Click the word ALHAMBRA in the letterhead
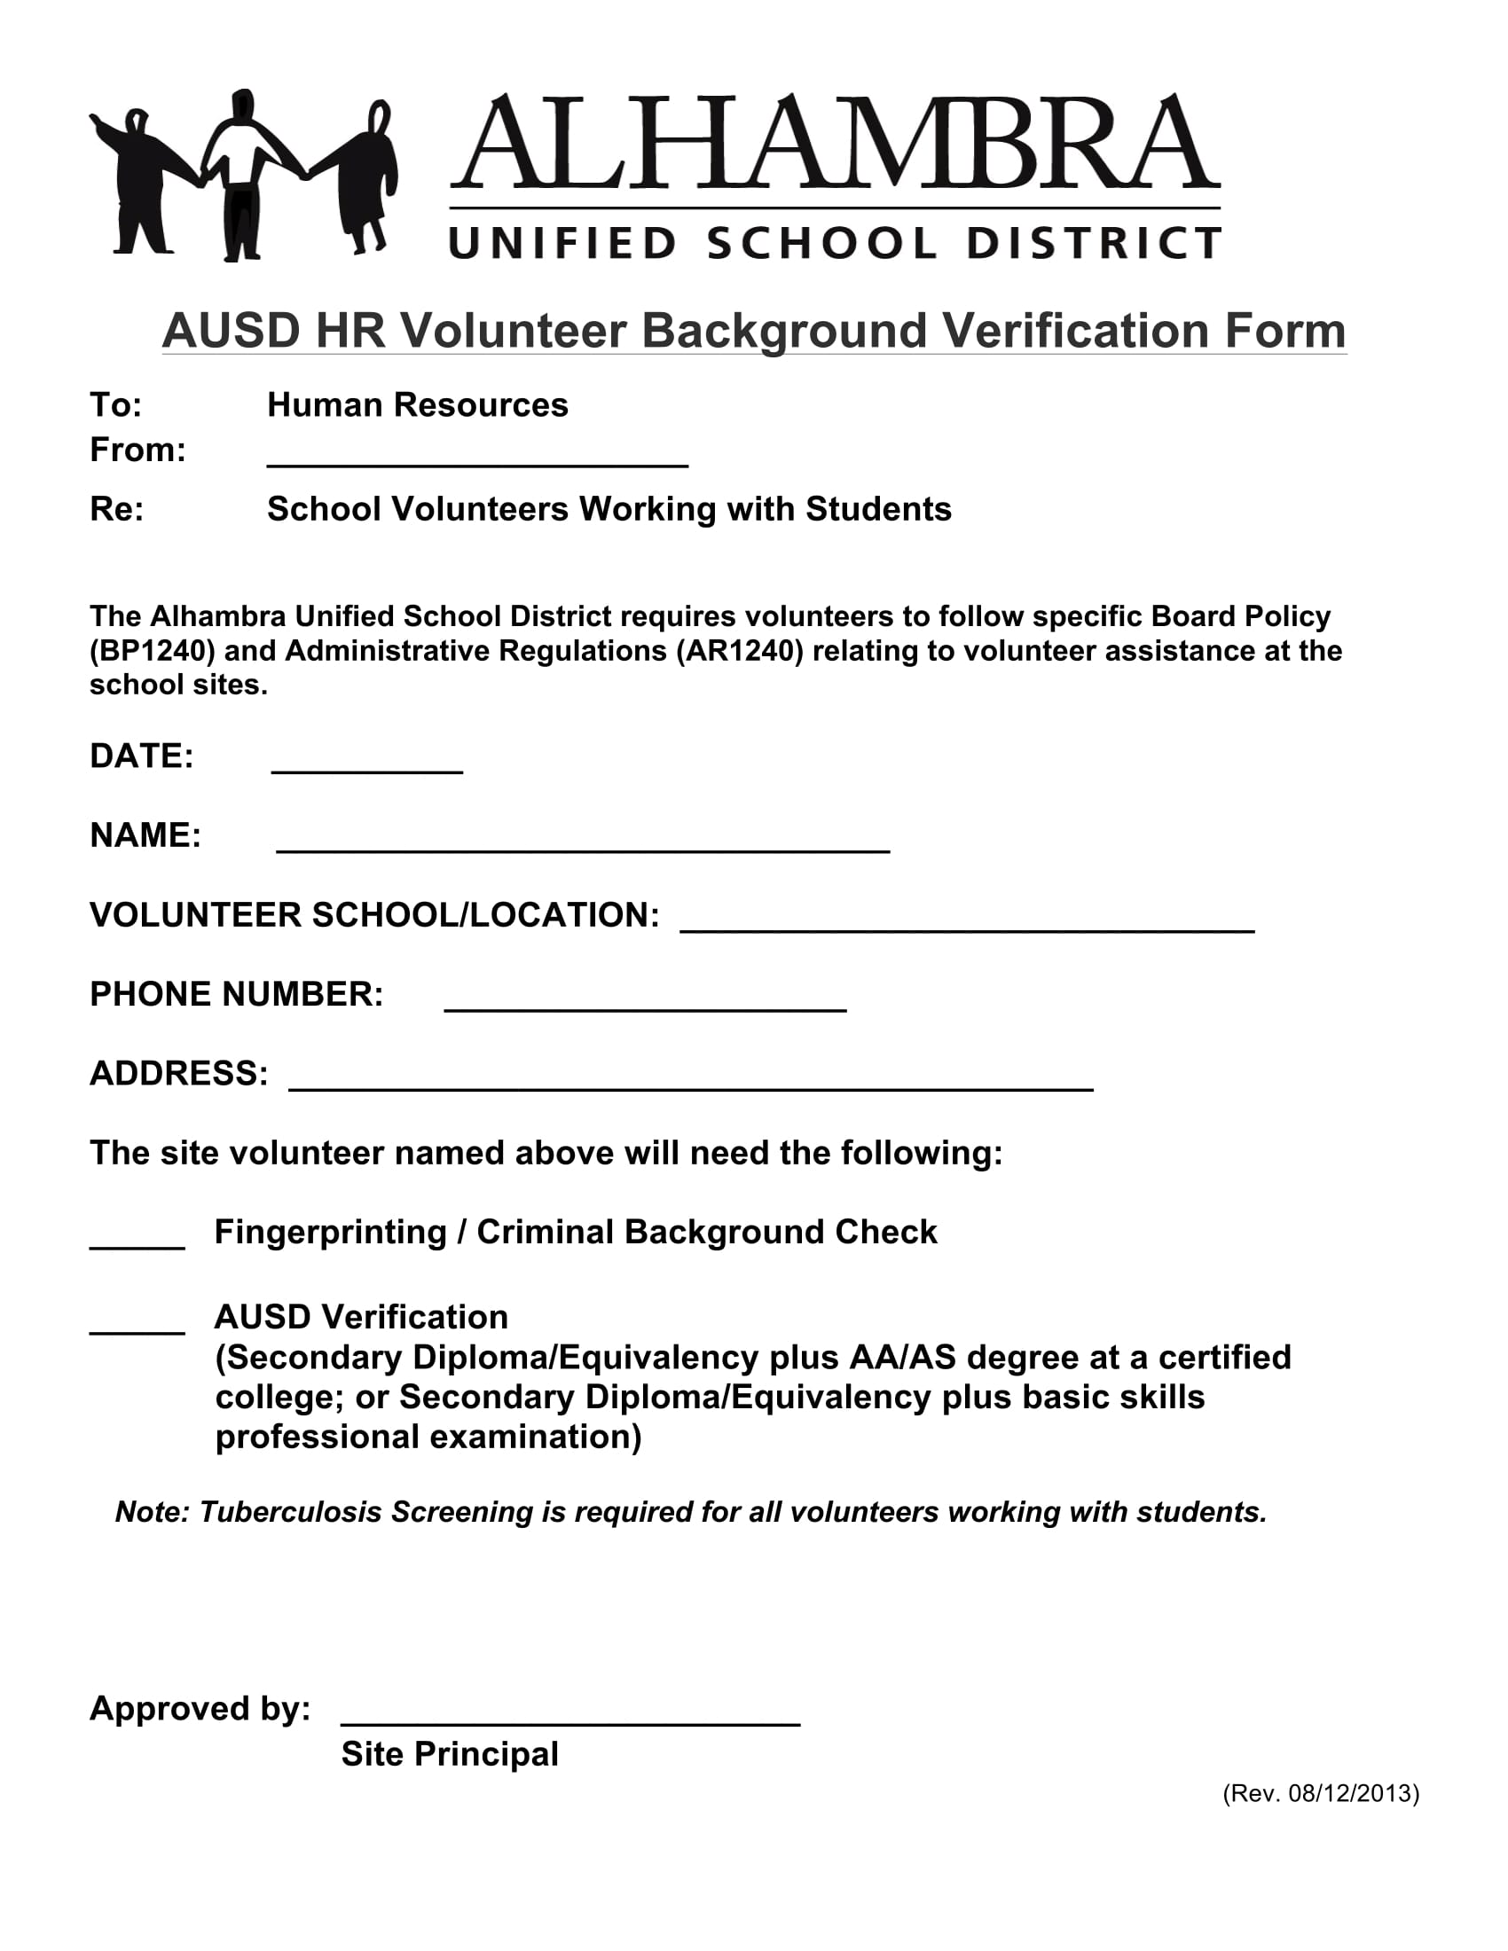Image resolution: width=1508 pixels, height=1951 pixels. point(835,143)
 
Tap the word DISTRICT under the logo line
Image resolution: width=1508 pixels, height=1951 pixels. point(1094,243)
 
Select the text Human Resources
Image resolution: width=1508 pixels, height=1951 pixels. point(417,405)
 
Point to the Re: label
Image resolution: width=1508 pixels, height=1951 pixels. point(116,509)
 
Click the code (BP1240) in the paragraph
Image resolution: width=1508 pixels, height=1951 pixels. point(152,650)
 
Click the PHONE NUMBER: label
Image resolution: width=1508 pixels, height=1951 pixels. point(237,994)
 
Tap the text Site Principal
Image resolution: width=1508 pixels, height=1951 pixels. point(450,1754)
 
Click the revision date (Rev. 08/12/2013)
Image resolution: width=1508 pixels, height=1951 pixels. point(1321,1794)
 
